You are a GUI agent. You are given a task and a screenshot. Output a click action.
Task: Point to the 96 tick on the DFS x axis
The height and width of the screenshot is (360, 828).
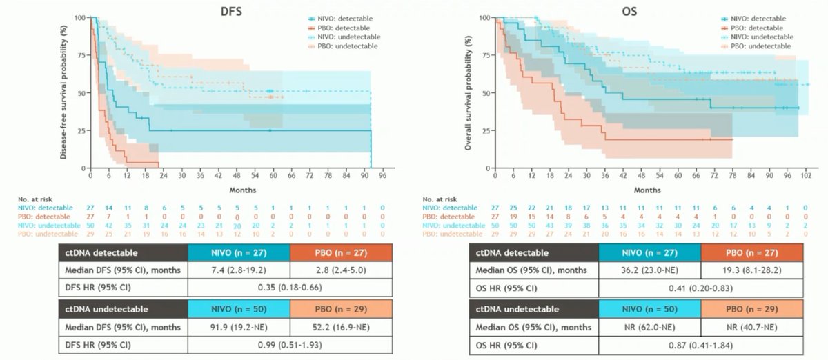(x=381, y=176)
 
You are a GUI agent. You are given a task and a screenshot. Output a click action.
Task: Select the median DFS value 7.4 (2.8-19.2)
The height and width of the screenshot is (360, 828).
(x=237, y=270)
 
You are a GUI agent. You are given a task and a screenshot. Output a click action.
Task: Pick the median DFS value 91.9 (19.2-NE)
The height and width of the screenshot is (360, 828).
(x=237, y=326)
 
